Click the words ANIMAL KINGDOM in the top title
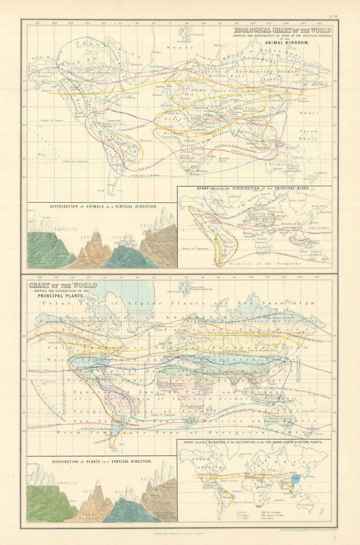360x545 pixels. (287, 43)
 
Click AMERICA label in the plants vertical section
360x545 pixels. (67, 483)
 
